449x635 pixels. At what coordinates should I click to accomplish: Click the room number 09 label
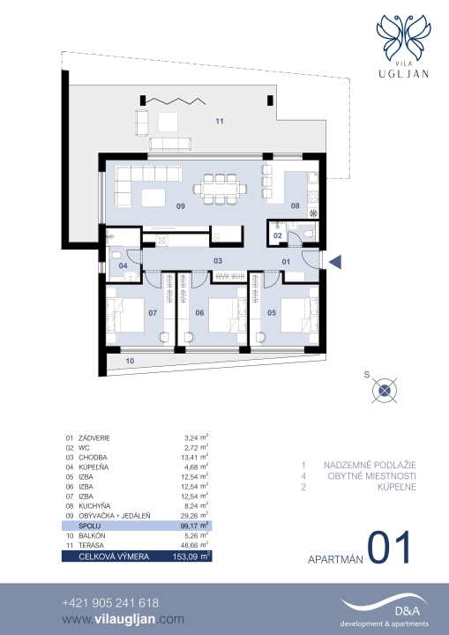(181, 206)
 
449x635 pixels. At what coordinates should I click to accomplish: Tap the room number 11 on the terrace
(220, 121)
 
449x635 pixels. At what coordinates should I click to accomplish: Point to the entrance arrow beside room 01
(335, 262)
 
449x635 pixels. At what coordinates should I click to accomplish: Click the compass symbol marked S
(385, 391)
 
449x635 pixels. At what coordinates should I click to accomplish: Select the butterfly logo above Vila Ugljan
(403, 37)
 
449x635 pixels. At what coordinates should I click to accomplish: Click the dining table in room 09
(220, 189)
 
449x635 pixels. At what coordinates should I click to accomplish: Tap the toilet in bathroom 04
(116, 256)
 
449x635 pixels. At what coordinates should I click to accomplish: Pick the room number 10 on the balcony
(130, 361)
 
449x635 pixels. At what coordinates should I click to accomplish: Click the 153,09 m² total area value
(191, 556)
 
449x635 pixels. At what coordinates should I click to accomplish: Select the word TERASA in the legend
(91, 545)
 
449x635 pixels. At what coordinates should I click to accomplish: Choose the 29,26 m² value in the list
(194, 515)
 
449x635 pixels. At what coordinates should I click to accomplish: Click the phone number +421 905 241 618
(110, 603)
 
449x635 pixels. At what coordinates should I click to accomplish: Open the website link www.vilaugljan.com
(123, 619)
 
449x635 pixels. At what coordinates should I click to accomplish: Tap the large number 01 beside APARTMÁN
(389, 548)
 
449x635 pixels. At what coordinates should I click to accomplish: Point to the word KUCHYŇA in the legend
(94, 506)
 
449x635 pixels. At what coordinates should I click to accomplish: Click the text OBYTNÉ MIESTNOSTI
(371, 476)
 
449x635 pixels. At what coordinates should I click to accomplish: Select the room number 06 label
(199, 312)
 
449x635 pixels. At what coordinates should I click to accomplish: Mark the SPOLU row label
(90, 526)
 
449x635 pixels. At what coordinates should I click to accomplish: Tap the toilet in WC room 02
(309, 234)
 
